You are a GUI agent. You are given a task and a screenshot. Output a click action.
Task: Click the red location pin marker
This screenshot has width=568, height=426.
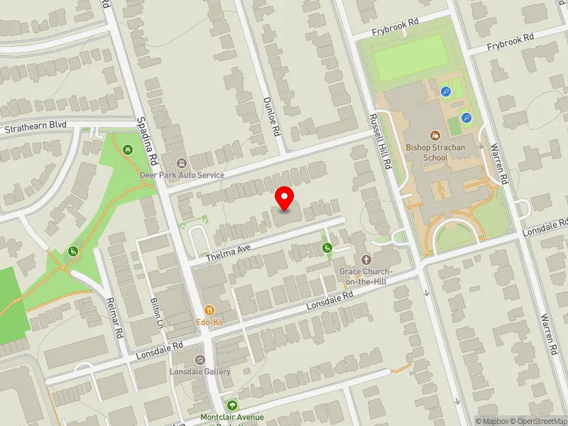pos(285,199)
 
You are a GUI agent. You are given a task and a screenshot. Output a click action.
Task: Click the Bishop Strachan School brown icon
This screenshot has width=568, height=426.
pos(435,134)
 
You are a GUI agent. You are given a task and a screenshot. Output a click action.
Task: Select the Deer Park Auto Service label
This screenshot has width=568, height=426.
pos(182,175)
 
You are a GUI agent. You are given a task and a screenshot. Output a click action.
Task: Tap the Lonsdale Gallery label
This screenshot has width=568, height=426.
pos(200,371)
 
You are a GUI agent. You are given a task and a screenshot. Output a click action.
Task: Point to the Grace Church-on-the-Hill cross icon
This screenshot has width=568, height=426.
pos(367,260)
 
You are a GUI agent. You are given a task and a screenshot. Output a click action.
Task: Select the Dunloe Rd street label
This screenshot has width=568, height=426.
pos(273,117)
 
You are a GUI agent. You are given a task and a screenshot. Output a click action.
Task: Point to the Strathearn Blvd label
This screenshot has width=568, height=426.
pos(35,126)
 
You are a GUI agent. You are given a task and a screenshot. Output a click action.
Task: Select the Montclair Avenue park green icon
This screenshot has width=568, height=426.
pos(232,405)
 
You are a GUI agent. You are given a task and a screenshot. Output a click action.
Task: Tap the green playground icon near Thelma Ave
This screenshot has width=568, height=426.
pos(327,247)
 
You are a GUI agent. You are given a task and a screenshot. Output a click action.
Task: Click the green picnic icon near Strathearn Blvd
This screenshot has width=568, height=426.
pos(127,150)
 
